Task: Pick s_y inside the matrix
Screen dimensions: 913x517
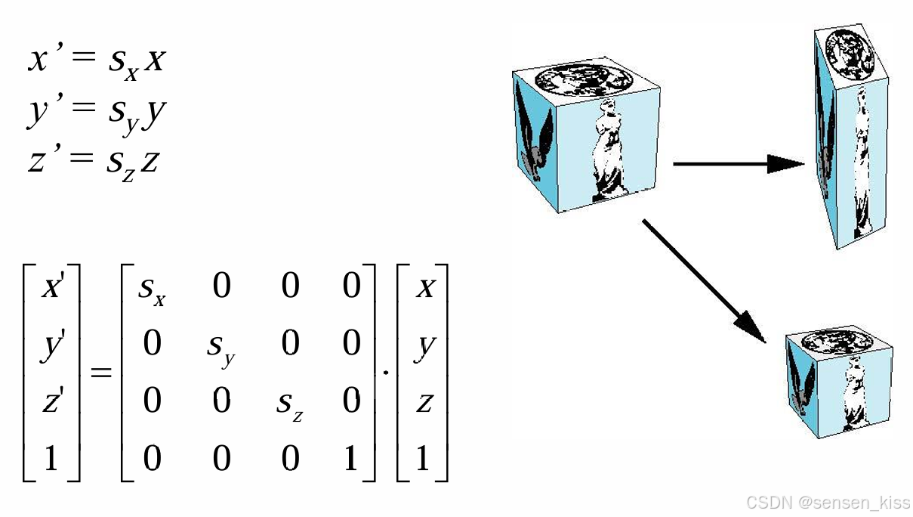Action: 221,346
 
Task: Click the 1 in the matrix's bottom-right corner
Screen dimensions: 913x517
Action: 351,459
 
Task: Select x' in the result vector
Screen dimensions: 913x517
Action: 51,288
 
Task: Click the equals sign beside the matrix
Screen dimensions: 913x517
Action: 101,372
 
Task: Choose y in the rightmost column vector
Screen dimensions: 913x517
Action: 424,345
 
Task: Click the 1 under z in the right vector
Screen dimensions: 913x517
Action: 423,459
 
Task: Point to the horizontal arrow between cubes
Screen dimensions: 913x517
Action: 739,163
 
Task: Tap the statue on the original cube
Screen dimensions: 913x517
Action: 608,147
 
